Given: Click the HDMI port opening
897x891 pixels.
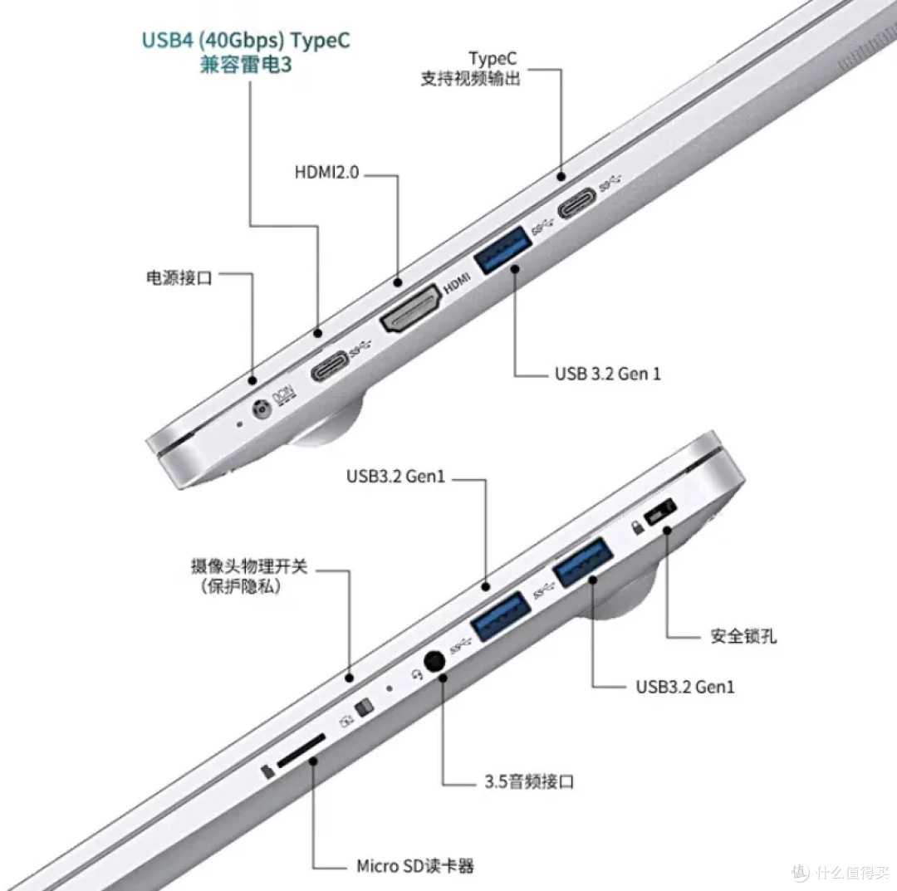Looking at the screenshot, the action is point(411,310).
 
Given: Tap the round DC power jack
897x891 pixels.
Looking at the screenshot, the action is point(262,409).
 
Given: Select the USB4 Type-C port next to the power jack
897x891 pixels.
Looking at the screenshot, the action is point(329,366).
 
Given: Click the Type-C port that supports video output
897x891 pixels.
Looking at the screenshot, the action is point(576,203).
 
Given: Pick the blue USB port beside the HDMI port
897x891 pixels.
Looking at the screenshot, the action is point(502,250).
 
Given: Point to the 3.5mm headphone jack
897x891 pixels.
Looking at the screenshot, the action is point(434,662).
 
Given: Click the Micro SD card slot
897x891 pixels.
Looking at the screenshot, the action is point(301,751).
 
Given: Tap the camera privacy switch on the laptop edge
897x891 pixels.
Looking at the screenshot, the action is point(364,707).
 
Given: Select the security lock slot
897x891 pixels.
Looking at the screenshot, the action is point(660,512).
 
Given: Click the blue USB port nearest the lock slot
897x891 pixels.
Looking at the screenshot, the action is point(583,562).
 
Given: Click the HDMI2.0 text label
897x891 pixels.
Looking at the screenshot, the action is point(326,172).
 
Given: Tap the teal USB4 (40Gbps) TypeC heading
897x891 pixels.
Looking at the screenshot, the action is point(246,40).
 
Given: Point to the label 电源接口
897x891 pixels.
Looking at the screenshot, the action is point(179,278).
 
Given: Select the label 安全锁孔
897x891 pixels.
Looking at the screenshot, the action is point(743,636).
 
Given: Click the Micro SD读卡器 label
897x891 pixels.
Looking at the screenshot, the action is point(414,866).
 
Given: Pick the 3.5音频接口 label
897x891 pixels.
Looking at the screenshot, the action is point(528,781).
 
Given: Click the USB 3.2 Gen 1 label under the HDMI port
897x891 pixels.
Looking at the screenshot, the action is point(607,374).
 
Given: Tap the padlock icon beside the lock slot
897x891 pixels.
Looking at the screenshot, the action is point(637,526).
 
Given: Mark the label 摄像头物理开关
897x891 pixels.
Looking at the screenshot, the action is point(249,566).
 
